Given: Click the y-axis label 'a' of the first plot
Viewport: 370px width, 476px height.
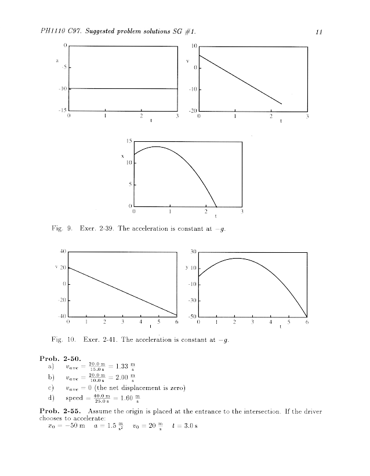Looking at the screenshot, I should click(x=56, y=59).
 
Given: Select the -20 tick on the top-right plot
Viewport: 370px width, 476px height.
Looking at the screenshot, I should click(x=193, y=110).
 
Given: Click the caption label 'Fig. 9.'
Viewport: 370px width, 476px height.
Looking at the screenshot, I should click(x=61, y=228).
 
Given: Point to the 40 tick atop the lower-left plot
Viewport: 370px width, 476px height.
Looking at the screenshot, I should click(x=63, y=251).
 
